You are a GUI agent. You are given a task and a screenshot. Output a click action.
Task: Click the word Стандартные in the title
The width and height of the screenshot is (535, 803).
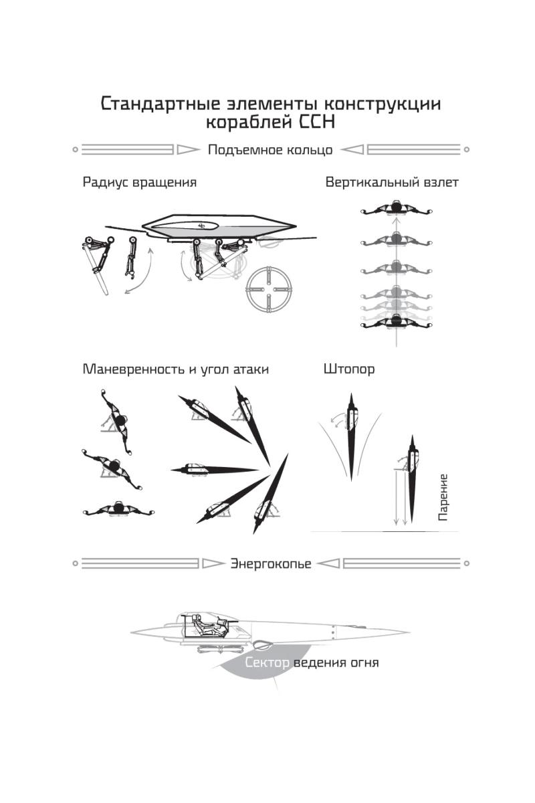coord(160,104)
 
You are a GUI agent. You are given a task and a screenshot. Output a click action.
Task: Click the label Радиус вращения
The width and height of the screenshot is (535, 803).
coord(139,182)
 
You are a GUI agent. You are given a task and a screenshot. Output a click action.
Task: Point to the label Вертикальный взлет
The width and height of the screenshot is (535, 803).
coord(392,182)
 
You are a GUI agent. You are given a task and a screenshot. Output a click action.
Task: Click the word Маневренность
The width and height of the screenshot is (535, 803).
coord(133,369)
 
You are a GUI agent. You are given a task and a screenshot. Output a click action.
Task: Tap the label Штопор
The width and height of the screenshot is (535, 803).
coord(348,369)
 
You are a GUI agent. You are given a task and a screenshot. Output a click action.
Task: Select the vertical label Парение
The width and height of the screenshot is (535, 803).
coord(443,497)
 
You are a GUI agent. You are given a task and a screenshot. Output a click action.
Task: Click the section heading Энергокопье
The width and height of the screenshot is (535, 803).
coord(271,563)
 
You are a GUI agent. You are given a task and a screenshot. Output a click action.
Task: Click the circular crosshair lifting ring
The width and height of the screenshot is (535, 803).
coord(268,289)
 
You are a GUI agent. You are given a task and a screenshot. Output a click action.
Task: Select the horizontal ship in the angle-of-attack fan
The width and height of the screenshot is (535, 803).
coord(214,469)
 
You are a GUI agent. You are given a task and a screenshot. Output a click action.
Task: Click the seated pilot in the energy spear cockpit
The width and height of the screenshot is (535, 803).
coord(203,626)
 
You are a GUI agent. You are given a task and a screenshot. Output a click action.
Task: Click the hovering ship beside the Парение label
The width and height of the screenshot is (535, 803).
coord(413,478)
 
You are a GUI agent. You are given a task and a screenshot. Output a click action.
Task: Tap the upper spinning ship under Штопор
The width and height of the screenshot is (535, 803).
coord(351,436)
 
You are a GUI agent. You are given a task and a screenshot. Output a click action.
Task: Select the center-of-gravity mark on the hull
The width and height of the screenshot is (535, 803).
coord(202,226)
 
